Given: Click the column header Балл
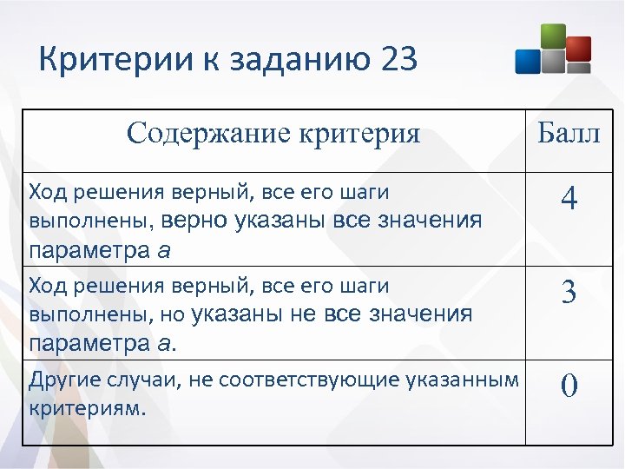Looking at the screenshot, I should coord(569,134).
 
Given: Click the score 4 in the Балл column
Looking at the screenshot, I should coord(569,200).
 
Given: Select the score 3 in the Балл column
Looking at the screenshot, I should coord(569,293).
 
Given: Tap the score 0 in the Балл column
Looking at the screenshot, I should coord(569,385).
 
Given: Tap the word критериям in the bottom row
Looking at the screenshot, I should coord(84,407).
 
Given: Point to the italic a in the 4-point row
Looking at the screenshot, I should coord(165,252).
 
